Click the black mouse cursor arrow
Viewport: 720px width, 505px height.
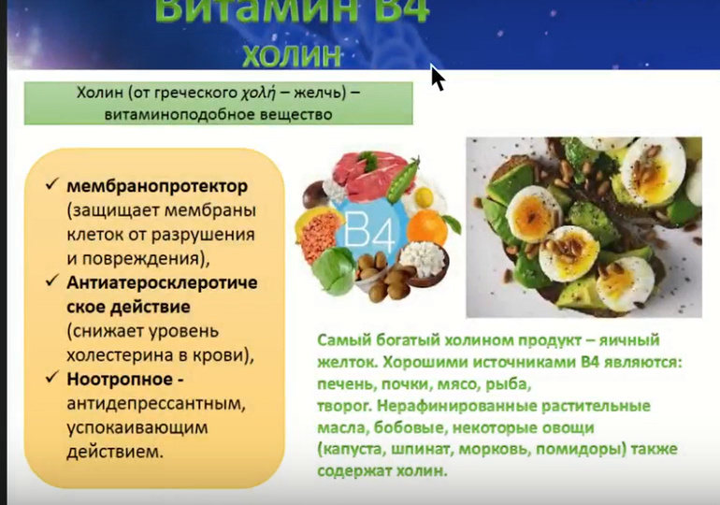437,77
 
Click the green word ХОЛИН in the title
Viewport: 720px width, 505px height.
291,55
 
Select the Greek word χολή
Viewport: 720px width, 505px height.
258,94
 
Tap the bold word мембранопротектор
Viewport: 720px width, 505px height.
157,186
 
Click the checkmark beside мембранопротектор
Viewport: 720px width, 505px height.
51,184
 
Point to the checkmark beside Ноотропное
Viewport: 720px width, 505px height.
51,378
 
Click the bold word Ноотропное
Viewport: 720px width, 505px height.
120,379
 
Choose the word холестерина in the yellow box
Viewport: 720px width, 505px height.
119,355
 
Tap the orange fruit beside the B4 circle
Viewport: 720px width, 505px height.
427,228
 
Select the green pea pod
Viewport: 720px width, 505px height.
404,180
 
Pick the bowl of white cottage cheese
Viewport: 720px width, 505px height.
423,262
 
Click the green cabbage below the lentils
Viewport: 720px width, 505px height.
333,270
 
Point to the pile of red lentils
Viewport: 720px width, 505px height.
320,233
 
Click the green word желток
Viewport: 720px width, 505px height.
347,362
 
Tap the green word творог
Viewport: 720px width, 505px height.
344,406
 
